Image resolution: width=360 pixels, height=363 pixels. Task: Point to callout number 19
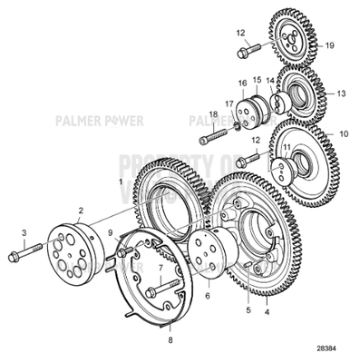pyautogui.click(x=330, y=44)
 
